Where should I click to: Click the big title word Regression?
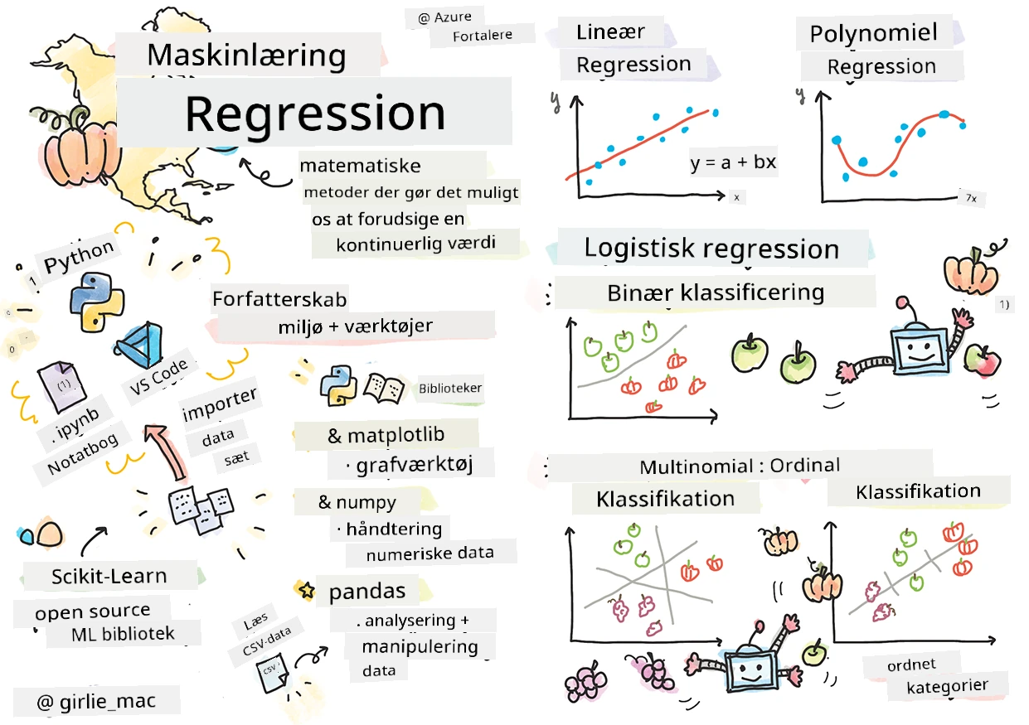(x=315, y=114)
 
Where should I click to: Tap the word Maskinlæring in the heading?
(x=247, y=56)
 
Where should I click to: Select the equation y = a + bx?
(x=733, y=162)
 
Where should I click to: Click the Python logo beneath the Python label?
(x=97, y=302)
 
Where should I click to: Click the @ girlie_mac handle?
(x=96, y=701)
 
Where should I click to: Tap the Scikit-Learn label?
(x=109, y=576)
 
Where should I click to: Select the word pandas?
(x=367, y=591)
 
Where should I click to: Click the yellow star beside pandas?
(x=307, y=590)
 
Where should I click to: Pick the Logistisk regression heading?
(x=711, y=249)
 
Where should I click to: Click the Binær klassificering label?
(x=716, y=292)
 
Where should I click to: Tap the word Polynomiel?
(x=873, y=33)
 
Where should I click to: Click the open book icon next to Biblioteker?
(x=384, y=388)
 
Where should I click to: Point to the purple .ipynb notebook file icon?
(x=62, y=386)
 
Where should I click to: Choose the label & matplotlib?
(x=386, y=435)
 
